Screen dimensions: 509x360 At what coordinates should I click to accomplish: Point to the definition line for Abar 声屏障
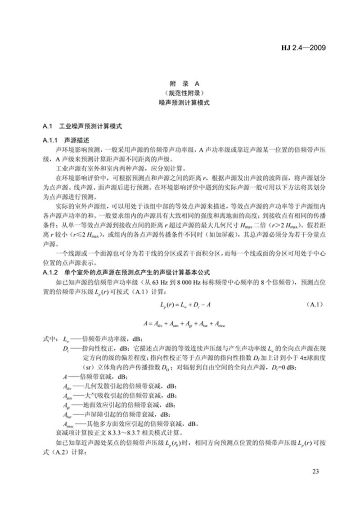point(117,414)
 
